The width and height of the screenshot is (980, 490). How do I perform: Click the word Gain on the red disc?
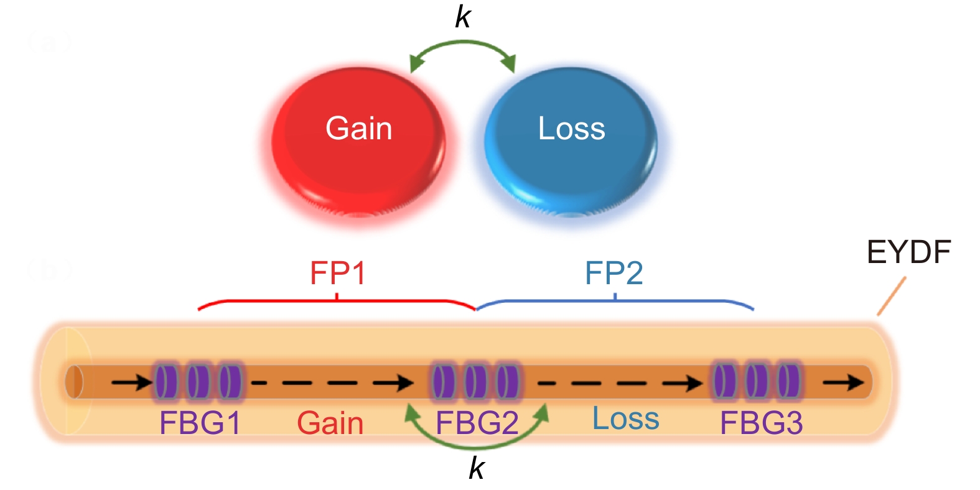(358, 129)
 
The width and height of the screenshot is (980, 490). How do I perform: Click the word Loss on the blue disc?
(571, 129)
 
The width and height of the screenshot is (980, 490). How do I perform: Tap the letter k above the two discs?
(463, 17)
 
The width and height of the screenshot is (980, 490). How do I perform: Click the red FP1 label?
(337, 273)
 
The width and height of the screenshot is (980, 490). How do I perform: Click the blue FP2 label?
(614, 273)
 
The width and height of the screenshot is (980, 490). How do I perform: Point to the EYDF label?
(908, 252)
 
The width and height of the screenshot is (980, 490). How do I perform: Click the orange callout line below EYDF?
(891, 297)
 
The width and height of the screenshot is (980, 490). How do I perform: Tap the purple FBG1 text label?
(200, 423)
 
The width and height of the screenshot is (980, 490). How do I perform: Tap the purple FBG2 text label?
(477, 423)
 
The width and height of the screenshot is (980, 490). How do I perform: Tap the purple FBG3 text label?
(761, 423)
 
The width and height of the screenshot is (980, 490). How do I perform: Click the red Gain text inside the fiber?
(330, 423)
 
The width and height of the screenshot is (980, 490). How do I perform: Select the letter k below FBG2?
(477, 468)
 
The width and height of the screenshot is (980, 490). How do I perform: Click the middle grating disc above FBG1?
(198, 381)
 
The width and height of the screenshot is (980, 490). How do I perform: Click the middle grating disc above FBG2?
(476, 381)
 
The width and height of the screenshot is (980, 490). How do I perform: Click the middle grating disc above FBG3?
(757, 381)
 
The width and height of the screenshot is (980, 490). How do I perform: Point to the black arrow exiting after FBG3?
(844, 382)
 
